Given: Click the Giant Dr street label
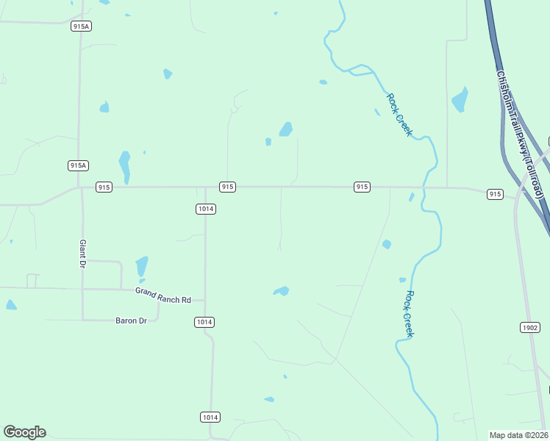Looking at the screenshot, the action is point(83,253).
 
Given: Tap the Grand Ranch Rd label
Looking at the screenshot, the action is point(162,295).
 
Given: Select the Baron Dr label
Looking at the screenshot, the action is point(132,320).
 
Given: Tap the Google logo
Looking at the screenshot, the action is point(24,432).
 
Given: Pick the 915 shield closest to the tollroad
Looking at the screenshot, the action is point(495,194).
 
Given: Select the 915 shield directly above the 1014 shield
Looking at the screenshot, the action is point(227,187).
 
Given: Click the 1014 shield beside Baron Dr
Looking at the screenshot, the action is point(204,322).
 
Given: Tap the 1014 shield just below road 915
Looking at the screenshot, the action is point(206,209).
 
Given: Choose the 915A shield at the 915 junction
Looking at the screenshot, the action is point(79,165).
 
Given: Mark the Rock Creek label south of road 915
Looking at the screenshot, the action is point(409,314).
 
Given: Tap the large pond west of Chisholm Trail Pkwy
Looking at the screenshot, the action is point(460,100).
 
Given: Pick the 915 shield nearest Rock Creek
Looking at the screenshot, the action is point(362,187).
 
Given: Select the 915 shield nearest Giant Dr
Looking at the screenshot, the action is point(104,187).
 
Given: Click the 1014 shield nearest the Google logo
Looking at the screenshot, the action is point(210,417).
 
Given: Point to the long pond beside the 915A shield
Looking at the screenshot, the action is point(125,165).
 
